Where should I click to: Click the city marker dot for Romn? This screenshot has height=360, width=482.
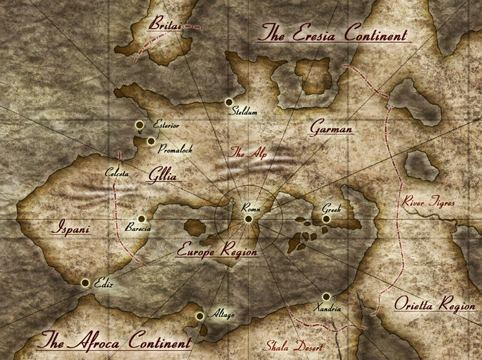pyautogui.click(x=248, y=219)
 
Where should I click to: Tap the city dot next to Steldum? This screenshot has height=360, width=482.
pyautogui.click(x=228, y=102)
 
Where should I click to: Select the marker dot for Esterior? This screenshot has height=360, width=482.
pyautogui.click(x=139, y=125)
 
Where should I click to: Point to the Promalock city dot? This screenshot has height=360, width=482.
pyautogui.click(x=151, y=141)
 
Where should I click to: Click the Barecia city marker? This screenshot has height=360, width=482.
pyautogui.click(x=141, y=219)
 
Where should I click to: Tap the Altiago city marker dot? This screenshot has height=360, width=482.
pyautogui.click(x=199, y=316)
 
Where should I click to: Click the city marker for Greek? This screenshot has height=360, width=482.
pyautogui.click(x=326, y=219)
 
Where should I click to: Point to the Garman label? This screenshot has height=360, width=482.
pyautogui.click(x=331, y=128)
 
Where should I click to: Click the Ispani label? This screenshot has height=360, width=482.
pyautogui.click(x=69, y=229)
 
